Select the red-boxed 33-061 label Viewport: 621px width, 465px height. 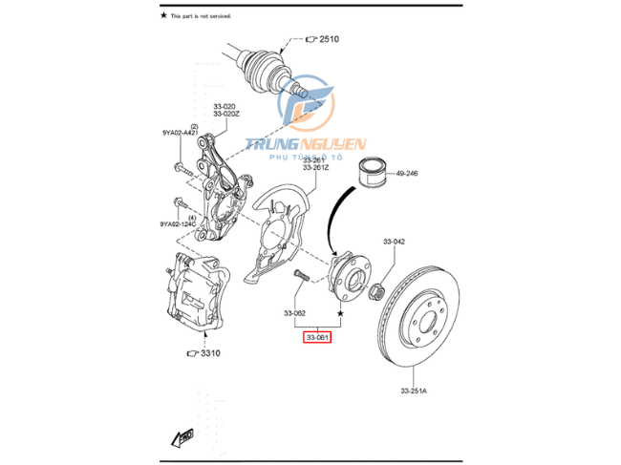coord(317,337)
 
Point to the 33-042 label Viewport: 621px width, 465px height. coord(396,242)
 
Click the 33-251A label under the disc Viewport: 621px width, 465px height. coord(415,391)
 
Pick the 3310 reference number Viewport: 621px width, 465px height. coord(209,353)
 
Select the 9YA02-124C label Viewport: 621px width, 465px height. coord(178,224)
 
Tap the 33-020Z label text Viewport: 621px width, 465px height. coord(226,114)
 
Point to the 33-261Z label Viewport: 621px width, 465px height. coord(315,168)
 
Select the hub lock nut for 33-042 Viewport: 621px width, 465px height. coord(376,291)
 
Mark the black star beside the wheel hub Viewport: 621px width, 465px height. coord(339,312)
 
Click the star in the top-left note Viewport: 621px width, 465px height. coord(163,16)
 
